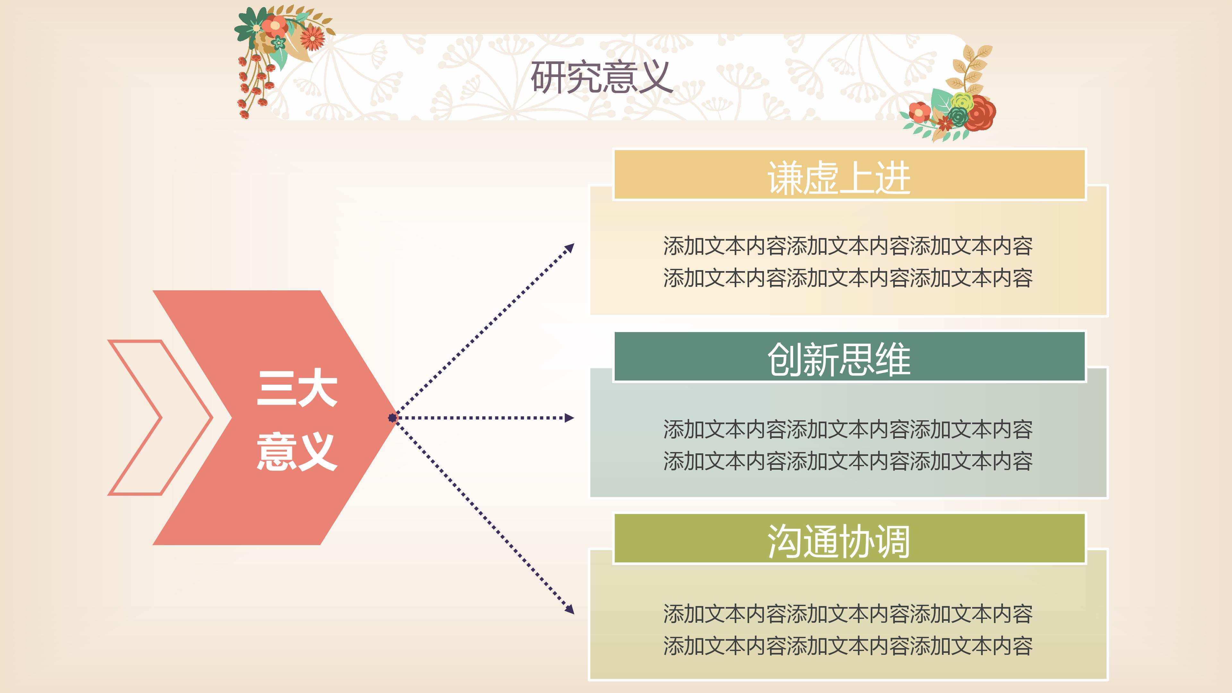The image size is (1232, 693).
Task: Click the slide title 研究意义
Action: click(601, 77)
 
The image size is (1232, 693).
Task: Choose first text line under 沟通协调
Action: click(847, 614)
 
